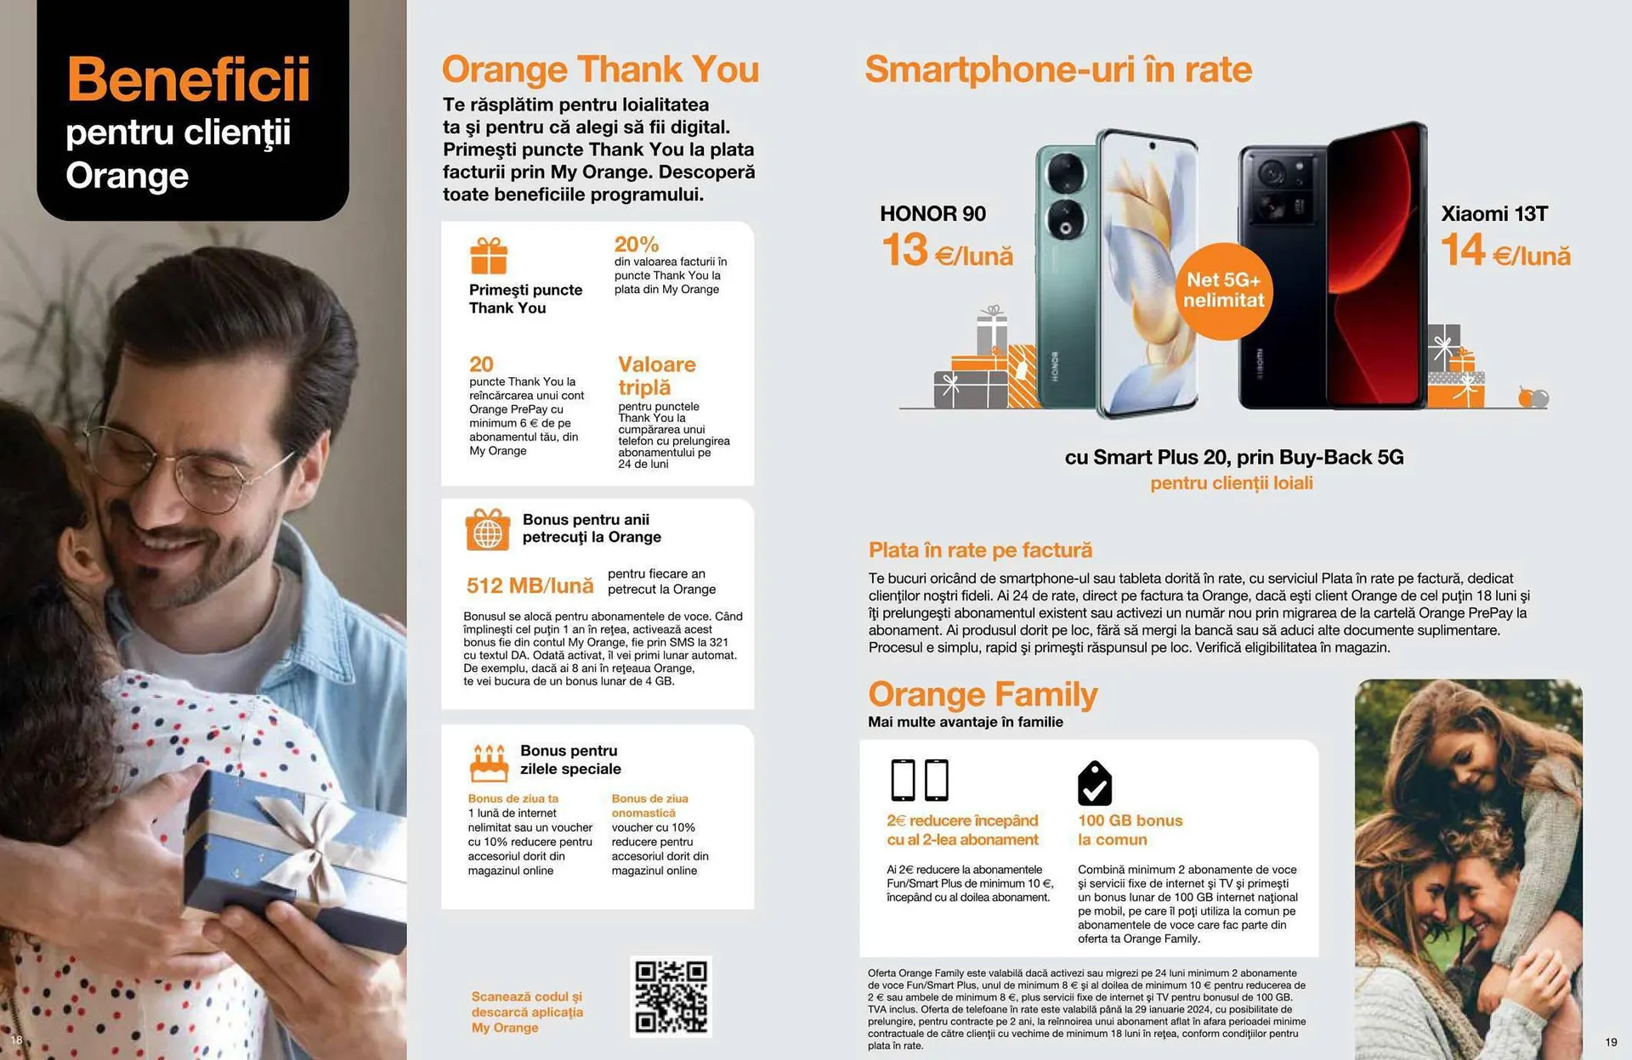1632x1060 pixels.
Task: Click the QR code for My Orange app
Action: click(x=671, y=996)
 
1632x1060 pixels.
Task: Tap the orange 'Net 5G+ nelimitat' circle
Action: click(x=1223, y=290)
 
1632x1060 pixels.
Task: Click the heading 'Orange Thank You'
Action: click(x=600, y=69)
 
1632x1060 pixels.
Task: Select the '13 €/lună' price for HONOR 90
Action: click(x=947, y=251)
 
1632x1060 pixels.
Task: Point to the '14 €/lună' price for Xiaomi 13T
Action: click(x=1505, y=251)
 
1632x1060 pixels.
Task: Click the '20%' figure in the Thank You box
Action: click(x=637, y=245)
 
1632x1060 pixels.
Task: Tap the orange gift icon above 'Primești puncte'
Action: click(x=489, y=256)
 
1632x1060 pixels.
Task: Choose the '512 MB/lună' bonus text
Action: click(x=530, y=585)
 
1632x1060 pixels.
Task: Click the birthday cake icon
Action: click(x=489, y=763)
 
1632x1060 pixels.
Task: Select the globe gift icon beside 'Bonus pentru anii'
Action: click(x=487, y=529)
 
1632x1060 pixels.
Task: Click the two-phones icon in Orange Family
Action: click(x=919, y=780)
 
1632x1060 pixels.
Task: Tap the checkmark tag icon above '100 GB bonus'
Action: click(x=1095, y=783)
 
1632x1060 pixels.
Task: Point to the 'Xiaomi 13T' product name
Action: click(x=1494, y=213)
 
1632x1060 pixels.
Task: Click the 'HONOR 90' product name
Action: click(x=932, y=213)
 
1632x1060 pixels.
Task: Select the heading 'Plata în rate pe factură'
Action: click(x=980, y=550)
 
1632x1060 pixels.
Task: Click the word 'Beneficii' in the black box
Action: click(x=188, y=79)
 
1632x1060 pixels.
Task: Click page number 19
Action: click(x=1611, y=1042)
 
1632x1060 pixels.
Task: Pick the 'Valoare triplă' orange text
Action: click(x=656, y=375)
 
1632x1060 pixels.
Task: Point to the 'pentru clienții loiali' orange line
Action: click(x=1231, y=483)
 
